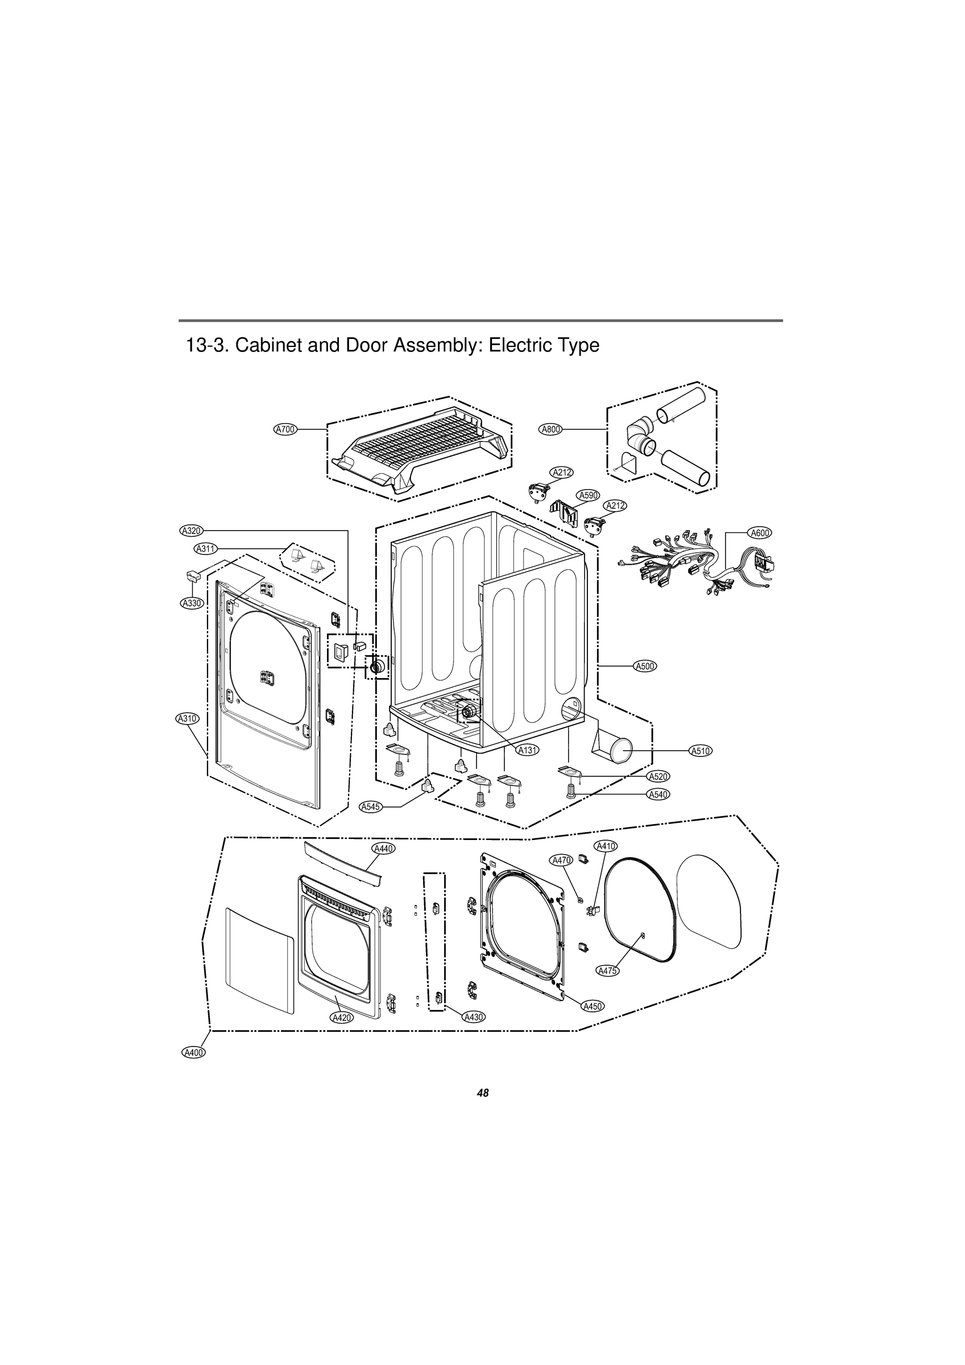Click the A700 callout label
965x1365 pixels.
click(285, 429)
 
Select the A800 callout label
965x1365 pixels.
click(550, 429)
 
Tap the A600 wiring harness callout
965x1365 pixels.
click(760, 533)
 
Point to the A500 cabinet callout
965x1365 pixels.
click(645, 666)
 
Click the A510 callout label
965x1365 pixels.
click(701, 751)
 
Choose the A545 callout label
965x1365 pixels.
click(371, 806)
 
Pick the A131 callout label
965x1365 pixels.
click(527, 750)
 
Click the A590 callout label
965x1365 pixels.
click(588, 495)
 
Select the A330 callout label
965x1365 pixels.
click(192, 603)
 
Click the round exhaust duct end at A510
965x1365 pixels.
click(621, 751)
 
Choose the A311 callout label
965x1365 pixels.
click(206, 548)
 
